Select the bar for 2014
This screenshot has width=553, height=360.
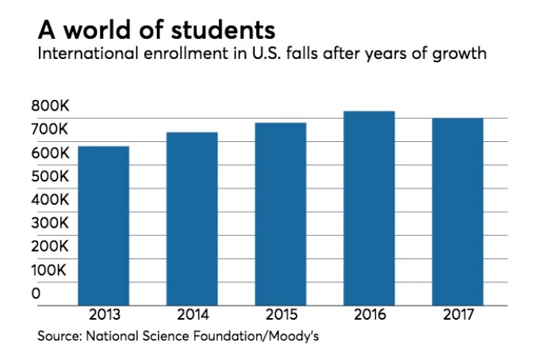point(191,219)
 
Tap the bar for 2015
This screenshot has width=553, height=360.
point(280,214)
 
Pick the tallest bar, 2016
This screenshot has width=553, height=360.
point(369,208)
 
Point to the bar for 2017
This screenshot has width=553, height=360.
point(457,211)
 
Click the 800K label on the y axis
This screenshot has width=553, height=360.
point(50,107)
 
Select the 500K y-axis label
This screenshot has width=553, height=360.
point(50,176)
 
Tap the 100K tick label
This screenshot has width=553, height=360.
point(50,270)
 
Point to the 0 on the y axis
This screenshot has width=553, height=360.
point(36,294)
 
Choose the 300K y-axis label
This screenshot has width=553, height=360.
point(50,223)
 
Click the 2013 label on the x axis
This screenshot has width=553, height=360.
point(103,314)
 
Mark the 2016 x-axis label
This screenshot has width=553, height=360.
point(369,314)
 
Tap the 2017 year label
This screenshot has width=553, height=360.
point(457,314)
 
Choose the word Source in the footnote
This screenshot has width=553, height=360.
point(57,337)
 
